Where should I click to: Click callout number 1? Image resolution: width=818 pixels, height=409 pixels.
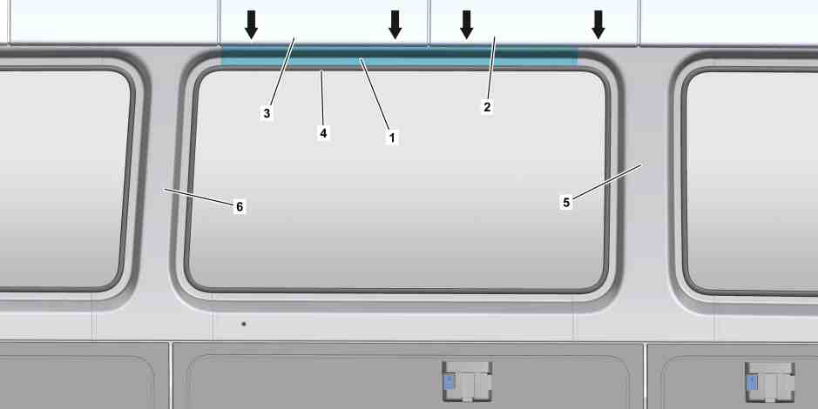click(392, 137)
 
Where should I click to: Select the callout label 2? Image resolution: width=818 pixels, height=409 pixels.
click(487, 107)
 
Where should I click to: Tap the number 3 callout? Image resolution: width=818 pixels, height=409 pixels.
click(267, 113)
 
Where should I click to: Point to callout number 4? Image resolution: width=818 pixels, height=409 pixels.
click(323, 133)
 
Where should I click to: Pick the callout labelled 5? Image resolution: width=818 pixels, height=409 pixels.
click(566, 202)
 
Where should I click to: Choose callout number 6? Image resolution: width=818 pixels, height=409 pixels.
click(240, 207)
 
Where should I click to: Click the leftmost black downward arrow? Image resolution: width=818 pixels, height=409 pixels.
click(252, 24)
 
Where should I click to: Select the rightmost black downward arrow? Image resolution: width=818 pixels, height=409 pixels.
click(598, 24)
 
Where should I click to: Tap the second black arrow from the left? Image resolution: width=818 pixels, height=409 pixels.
click(395, 24)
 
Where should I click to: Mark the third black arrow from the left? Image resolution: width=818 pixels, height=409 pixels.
click(467, 24)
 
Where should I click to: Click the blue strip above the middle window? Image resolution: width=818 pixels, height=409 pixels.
click(399, 57)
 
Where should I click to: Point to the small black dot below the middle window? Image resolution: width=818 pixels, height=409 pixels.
click(244, 324)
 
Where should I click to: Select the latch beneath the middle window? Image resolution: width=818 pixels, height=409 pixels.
click(467, 381)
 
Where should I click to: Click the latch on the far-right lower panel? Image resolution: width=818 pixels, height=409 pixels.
click(769, 382)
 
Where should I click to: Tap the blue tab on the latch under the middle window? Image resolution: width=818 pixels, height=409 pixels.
click(449, 381)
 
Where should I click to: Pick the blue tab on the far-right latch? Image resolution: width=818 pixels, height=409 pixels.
click(751, 382)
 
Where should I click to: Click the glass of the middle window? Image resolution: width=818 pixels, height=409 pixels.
click(399, 180)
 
